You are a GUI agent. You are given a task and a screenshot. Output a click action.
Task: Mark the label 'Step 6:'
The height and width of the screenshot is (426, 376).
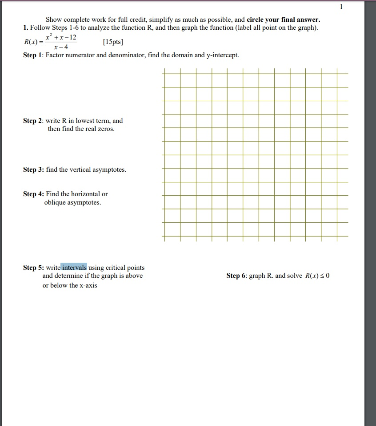(x=237, y=276)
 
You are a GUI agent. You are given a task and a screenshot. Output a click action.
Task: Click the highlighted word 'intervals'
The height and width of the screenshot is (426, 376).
(x=74, y=268)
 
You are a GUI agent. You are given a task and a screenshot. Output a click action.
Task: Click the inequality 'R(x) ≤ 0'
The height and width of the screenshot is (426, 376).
(x=317, y=276)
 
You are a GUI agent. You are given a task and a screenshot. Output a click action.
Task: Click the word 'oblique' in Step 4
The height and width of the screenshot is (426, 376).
(x=55, y=203)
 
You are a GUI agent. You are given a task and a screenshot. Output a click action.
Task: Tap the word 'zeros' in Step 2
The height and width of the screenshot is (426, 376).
(x=106, y=129)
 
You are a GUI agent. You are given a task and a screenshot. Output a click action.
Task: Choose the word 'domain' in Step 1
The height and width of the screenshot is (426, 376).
(x=173, y=55)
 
